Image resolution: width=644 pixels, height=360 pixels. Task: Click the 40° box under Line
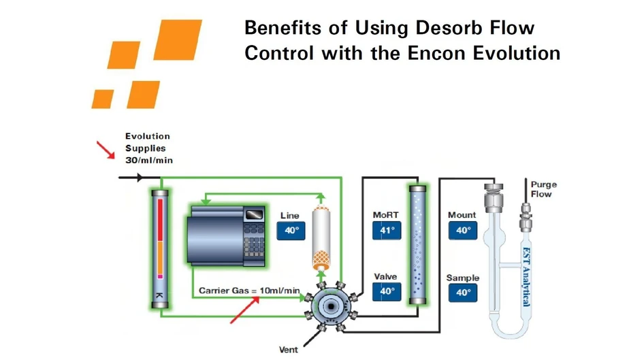[291, 231]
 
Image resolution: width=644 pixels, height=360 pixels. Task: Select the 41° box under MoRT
[387, 231]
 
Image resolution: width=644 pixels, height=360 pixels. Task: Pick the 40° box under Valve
[387, 291]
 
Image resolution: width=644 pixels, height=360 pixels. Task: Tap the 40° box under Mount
[463, 231]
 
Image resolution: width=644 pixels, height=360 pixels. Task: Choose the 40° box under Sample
[463, 293]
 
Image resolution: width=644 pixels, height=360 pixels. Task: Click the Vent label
[289, 350]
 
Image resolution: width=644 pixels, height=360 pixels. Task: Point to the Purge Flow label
[543, 189]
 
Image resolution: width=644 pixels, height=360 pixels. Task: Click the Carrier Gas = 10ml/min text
[249, 291]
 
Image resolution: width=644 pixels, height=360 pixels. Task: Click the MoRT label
[385, 215]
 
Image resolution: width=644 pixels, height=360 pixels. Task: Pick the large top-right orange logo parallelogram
[178, 39]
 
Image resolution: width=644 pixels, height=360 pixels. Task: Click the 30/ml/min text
[148, 161]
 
